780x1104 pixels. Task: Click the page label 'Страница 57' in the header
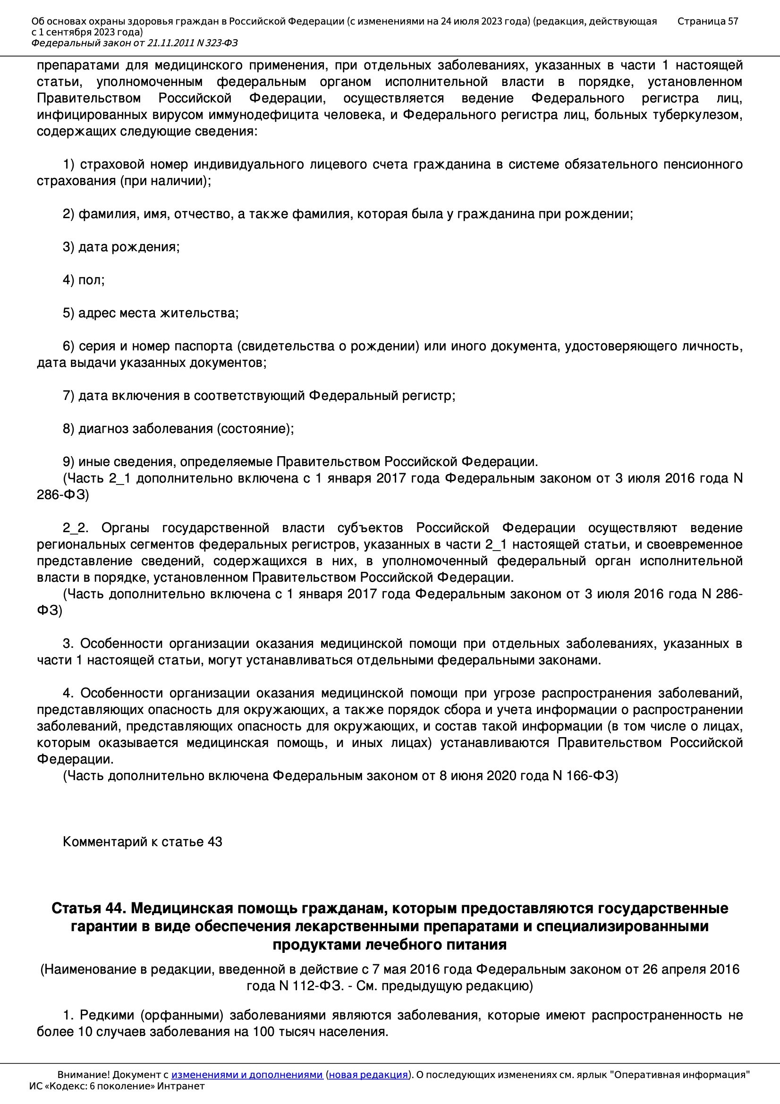[x=707, y=21]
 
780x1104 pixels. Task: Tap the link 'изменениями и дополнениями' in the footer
[x=246, y=1075]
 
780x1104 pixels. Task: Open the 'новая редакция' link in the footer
[x=368, y=1075]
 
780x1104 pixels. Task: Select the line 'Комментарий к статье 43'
[x=142, y=842]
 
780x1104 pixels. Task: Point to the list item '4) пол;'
[x=84, y=280]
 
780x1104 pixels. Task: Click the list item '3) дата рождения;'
[x=121, y=247]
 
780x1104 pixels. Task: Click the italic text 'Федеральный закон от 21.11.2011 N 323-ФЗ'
[x=135, y=43]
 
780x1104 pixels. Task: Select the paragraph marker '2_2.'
[x=76, y=528]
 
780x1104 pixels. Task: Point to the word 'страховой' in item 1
[x=111, y=164]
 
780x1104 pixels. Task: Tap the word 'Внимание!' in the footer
[x=78, y=1075]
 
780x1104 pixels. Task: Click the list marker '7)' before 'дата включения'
[x=68, y=396]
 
